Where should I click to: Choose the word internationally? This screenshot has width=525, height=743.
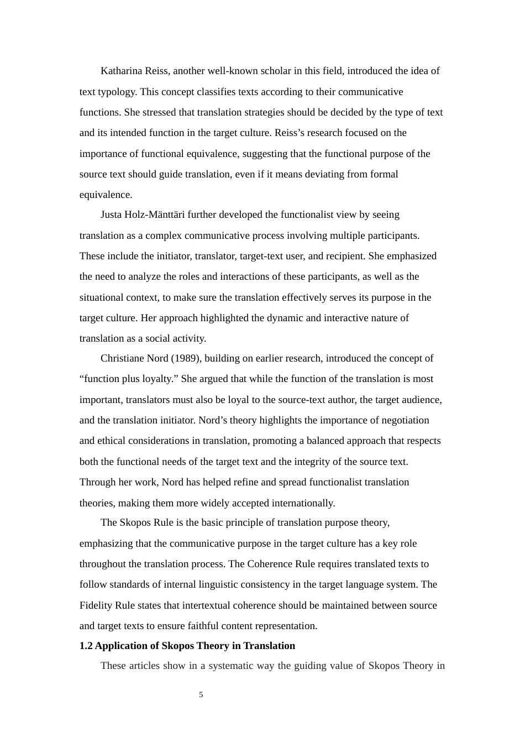[x=303, y=503]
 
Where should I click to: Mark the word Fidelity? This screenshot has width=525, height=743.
[x=96, y=605]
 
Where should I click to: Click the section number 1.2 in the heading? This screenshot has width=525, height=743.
[x=86, y=646]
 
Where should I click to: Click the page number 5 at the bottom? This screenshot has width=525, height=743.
[x=201, y=695]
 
